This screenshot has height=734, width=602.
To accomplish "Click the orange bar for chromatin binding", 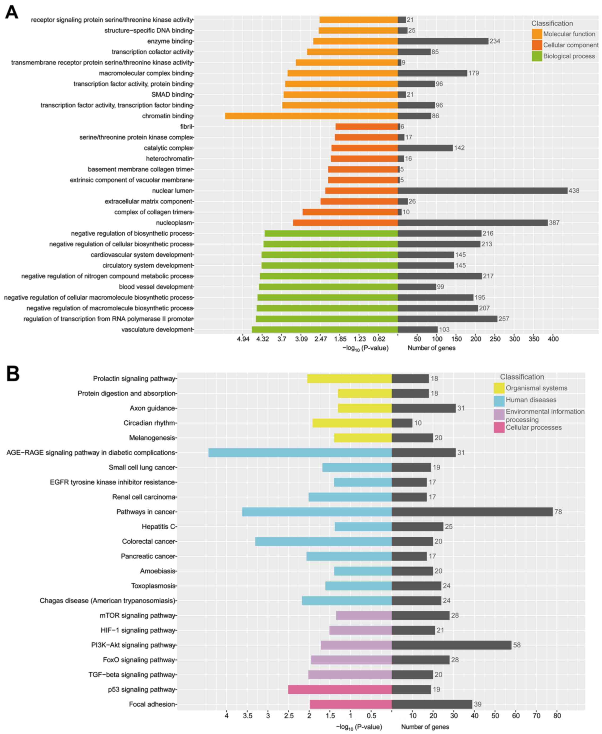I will (311, 116).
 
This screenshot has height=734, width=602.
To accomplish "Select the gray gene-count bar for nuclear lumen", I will (482, 191).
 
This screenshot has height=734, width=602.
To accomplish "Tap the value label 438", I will (574, 191).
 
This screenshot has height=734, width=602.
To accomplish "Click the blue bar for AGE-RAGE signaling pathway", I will (300, 452).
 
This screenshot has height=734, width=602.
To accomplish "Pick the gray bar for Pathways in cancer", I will (472, 512).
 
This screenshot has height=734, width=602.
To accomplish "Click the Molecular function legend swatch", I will (537, 34).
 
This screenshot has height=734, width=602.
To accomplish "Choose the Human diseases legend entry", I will (531, 400).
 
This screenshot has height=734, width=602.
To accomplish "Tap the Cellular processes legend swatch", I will (499, 428).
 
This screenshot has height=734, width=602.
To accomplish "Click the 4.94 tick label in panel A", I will (243, 339).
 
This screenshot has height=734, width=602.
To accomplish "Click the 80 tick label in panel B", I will (557, 715).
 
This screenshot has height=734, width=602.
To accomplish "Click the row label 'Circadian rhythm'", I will (150, 423).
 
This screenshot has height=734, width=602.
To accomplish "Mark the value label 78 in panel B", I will (558, 512).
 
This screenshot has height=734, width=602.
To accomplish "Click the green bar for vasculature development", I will (325, 329).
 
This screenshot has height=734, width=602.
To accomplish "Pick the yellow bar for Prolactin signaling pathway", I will (349, 379).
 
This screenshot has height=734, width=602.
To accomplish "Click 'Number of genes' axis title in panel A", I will (431, 348).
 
